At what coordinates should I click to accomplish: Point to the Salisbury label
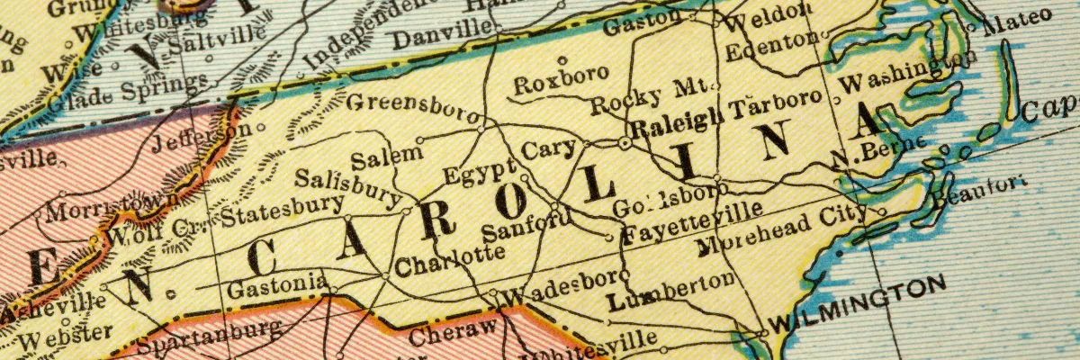click(347, 183)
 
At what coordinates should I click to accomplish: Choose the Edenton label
click(771, 44)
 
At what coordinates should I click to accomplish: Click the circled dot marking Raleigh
click(625, 142)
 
